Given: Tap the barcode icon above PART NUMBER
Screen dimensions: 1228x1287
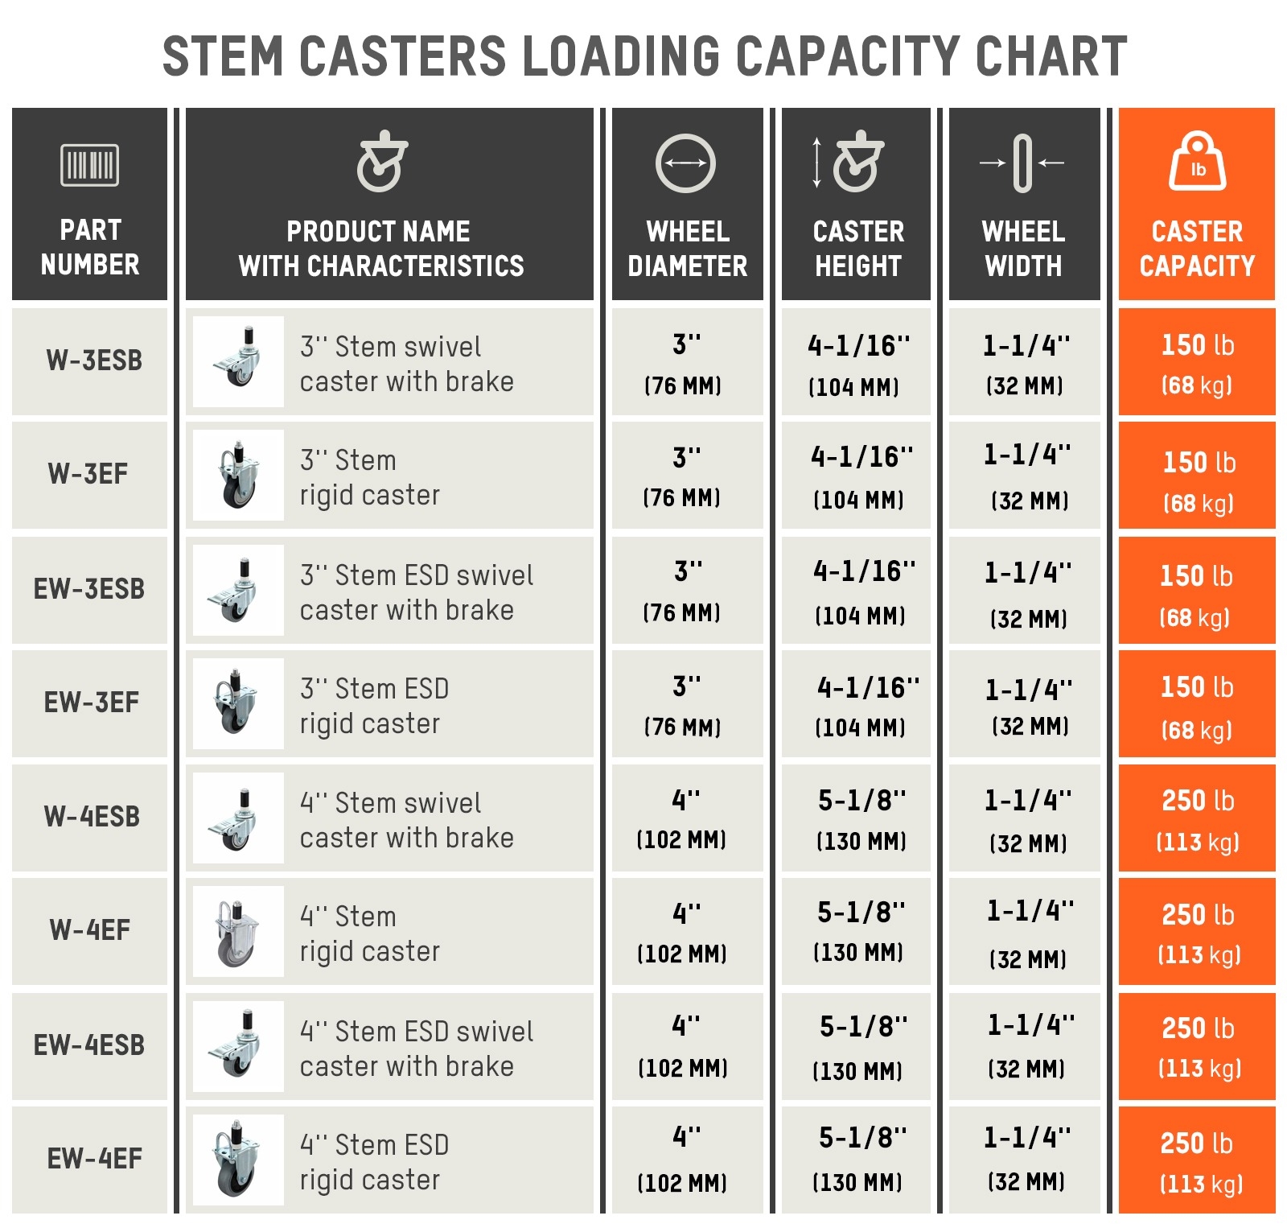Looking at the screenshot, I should pos(89,165).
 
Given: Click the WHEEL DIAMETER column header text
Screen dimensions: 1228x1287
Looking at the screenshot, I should pos(687,249).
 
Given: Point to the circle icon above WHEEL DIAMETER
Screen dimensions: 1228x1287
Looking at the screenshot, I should pos(685,163).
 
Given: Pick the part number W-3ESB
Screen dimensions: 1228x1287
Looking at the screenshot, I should pos(94,361).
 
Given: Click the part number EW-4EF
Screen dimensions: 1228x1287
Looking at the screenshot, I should pos(94,1159).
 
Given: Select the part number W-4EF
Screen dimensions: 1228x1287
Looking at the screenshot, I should pos(89,930).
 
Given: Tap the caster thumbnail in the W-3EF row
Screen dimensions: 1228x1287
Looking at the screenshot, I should pos(238,475).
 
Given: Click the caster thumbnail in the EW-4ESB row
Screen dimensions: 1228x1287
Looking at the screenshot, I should pos(238,1045).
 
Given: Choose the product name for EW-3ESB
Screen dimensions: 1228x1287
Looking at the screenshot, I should pos(416,592).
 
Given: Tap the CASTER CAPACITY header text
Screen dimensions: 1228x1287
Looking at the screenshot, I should pos(1197,249).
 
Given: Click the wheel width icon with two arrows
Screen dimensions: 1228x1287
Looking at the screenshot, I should pos(1022,163).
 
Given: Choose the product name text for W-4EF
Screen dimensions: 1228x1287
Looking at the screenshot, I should pos(369,933).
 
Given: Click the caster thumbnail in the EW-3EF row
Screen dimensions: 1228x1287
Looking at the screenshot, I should pos(238,703).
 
